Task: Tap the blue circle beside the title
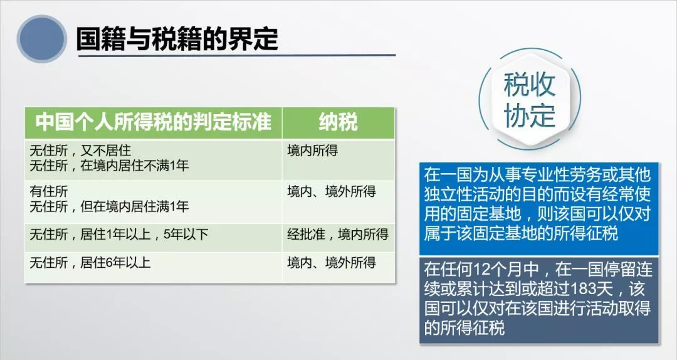click(x=41, y=39)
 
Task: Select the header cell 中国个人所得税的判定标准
click(x=154, y=122)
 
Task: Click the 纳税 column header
click(x=338, y=122)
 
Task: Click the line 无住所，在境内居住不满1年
click(x=109, y=166)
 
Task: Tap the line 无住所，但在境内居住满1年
click(x=109, y=206)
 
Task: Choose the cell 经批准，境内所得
click(x=338, y=235)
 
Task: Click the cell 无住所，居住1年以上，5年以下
click(x=119, y=235)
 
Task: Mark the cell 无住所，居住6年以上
click(x=90, y=263)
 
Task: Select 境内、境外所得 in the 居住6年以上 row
click(x=332, y=263)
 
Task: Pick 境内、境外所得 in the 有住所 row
click(x=332, y=191)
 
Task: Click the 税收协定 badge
click(x=530, y=100)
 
